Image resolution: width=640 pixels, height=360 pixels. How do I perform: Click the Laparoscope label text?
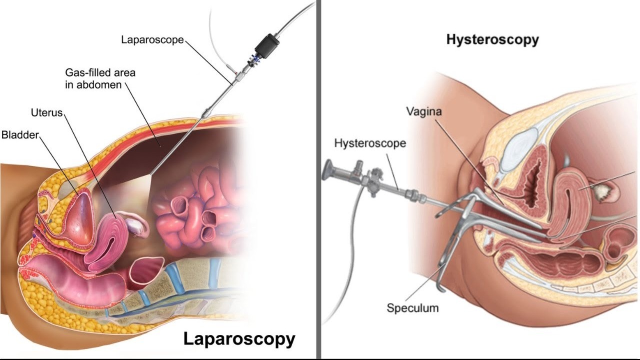152,39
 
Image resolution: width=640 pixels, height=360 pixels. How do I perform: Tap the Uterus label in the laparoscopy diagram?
46,112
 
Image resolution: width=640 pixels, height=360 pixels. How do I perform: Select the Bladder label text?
20,135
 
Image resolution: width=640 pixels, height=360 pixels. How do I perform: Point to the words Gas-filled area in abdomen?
100,78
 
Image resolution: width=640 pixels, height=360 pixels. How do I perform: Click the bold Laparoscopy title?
239,338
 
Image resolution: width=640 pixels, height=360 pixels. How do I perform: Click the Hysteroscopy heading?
492,40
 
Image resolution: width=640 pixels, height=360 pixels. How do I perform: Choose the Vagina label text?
423,111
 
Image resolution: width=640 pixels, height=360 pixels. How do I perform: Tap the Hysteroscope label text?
370,144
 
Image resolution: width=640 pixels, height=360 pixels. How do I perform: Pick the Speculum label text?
412,307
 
